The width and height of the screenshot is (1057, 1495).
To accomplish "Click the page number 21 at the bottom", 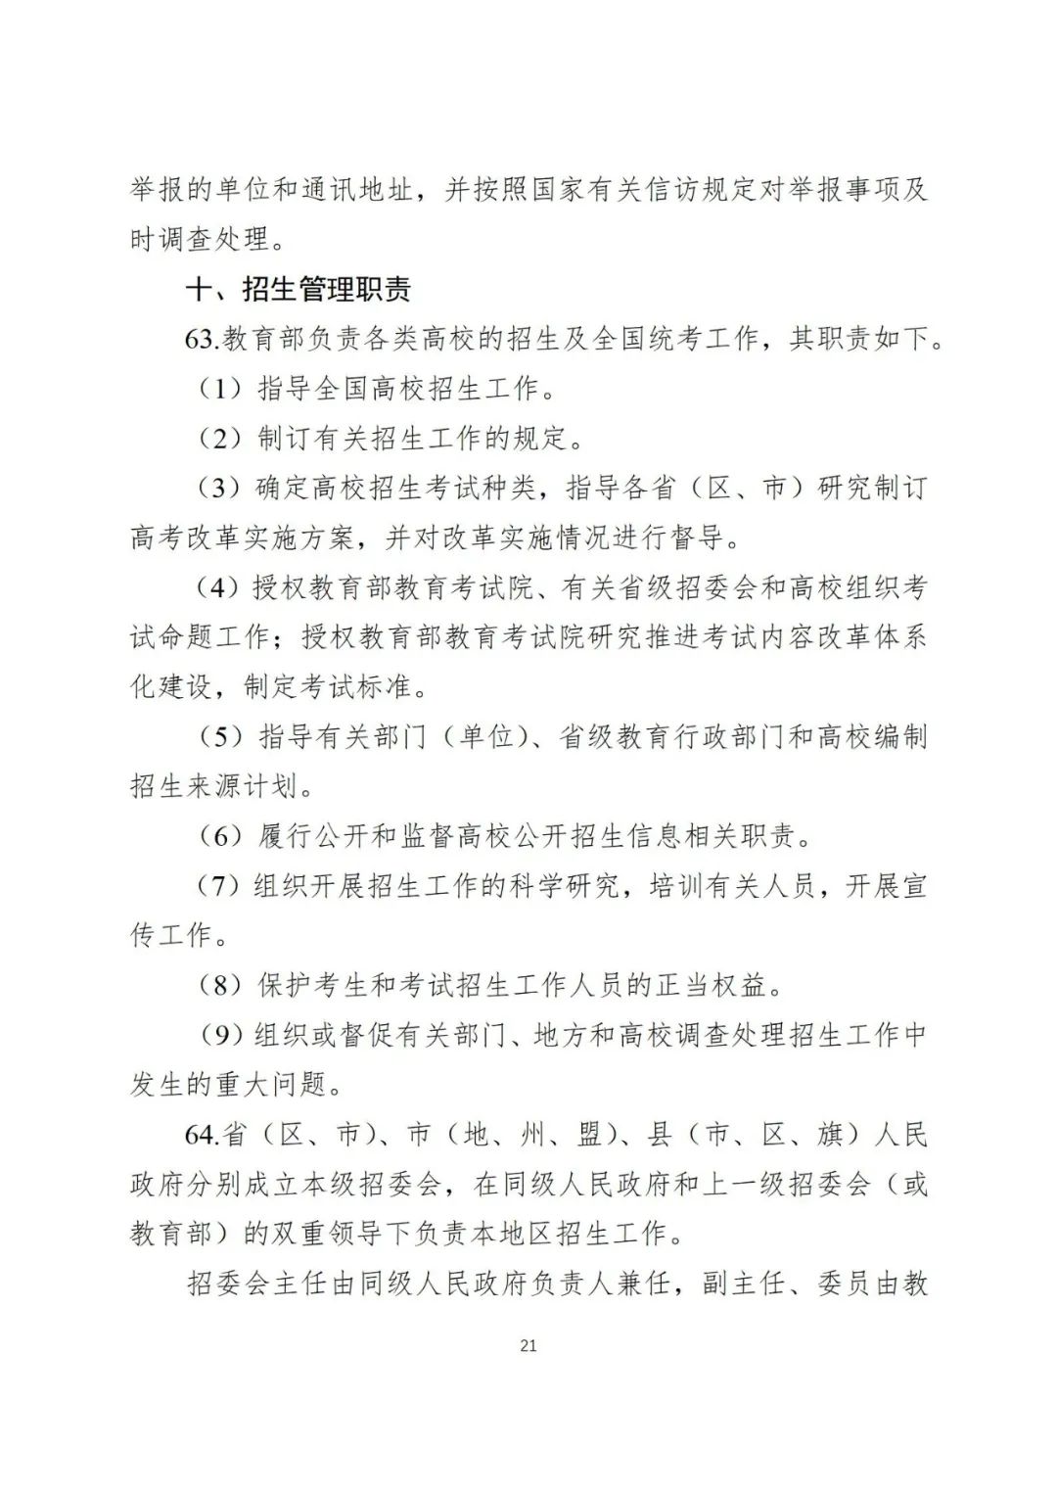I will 528,1345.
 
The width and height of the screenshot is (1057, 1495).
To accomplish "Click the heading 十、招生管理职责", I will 298,290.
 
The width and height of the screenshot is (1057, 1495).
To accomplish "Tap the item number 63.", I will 202,340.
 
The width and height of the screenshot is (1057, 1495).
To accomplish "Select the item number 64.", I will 202,1135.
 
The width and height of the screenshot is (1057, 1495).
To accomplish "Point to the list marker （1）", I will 219,390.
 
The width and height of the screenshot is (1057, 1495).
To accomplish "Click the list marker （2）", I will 219,440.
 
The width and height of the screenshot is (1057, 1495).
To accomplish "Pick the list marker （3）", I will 219,489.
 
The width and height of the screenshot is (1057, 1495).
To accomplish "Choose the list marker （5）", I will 219,737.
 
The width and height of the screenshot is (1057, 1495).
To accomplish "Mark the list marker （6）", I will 219,837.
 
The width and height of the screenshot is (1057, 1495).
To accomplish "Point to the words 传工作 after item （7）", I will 170,936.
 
